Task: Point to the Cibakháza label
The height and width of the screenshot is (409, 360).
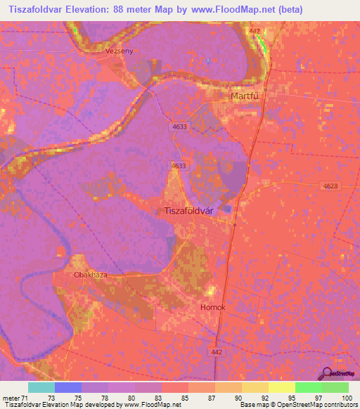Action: point(91,275)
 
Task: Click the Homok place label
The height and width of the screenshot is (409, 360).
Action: point(213,308)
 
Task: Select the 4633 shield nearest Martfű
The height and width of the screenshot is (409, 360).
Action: point(178,127)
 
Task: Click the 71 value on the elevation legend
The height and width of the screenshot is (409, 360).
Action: point(25,398)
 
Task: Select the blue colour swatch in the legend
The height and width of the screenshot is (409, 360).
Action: point(68,387)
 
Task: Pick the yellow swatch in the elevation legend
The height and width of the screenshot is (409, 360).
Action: point(282,387)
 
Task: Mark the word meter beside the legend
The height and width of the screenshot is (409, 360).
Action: point(10,398)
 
